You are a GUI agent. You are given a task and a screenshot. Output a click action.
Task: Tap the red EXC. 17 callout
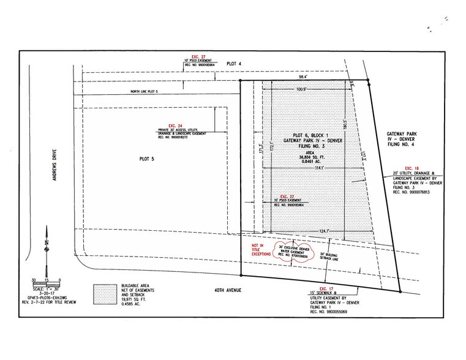coord(326,288)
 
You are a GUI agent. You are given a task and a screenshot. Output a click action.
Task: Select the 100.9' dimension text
coord(301,90)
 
